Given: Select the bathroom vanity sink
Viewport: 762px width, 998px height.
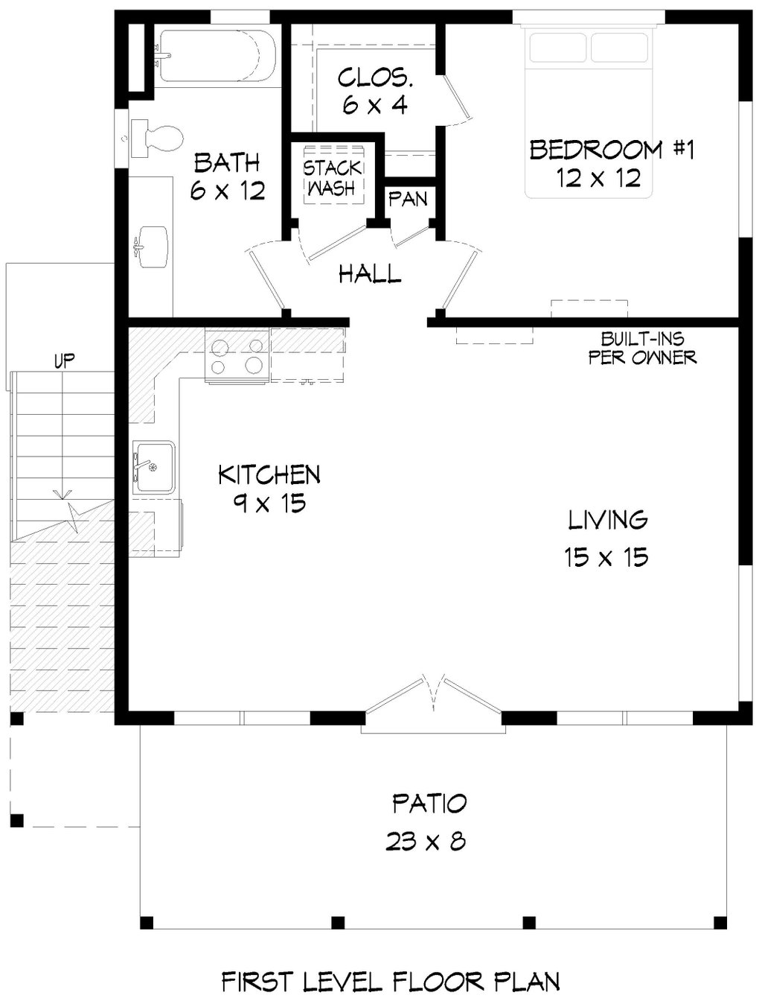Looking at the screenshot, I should point(151,247).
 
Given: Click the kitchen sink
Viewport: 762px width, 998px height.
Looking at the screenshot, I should point(153,467).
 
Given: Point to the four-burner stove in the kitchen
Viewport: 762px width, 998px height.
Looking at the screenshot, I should point(237,356).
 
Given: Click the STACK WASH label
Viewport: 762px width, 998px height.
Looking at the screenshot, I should point(333,179).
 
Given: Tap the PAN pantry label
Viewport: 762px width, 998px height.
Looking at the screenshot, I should point(409,199).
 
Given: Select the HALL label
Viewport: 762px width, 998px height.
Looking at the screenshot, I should point(370,274).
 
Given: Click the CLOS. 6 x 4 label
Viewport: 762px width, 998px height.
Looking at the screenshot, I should point(374,91).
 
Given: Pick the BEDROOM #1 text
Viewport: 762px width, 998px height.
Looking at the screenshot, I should point(612,150).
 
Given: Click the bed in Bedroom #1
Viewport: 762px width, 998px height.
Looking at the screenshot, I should point(589,112).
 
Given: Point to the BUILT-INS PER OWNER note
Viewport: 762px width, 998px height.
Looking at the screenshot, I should point(643,349).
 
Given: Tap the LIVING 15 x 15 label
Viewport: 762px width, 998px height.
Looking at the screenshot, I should point(607,538).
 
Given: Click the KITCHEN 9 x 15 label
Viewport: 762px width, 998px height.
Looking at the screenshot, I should point(269,488).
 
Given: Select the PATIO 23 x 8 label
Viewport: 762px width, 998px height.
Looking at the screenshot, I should point(429,822).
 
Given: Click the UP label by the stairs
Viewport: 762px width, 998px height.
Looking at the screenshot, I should point(64,362).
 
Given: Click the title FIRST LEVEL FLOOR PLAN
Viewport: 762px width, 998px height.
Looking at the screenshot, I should point(391,981).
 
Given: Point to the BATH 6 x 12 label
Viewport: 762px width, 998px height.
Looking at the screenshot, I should point(227,177).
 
